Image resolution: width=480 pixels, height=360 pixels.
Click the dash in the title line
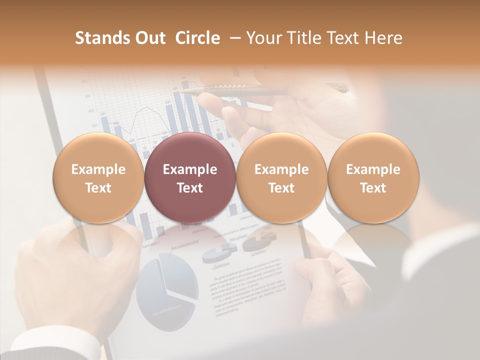point(232,38)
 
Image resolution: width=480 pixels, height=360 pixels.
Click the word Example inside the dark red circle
point(189,169)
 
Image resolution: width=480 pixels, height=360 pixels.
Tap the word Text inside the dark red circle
point(189,188)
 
